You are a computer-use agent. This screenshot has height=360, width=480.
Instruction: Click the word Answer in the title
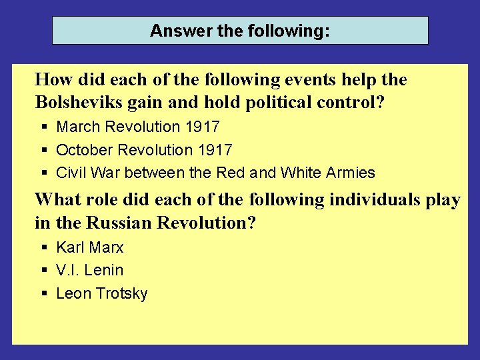[x=172, y=31]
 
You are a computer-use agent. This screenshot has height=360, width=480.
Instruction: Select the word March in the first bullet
[x=79, y=127]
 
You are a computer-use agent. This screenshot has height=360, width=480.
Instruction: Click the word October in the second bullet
[x=84, y=150]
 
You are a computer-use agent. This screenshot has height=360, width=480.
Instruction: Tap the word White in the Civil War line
[x=300, y=173]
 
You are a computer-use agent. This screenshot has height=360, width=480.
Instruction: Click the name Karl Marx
[x=90, y=247]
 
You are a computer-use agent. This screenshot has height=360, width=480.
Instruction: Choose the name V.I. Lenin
[x=90, y=270]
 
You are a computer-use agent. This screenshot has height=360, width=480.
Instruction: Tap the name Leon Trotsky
[x=101, y=293]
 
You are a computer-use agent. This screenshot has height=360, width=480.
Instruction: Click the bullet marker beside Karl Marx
[x=44, y=247]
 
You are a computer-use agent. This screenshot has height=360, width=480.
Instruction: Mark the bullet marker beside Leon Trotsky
[x=44, y=293]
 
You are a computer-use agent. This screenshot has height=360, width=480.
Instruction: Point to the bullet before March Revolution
[x=44, y=127]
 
